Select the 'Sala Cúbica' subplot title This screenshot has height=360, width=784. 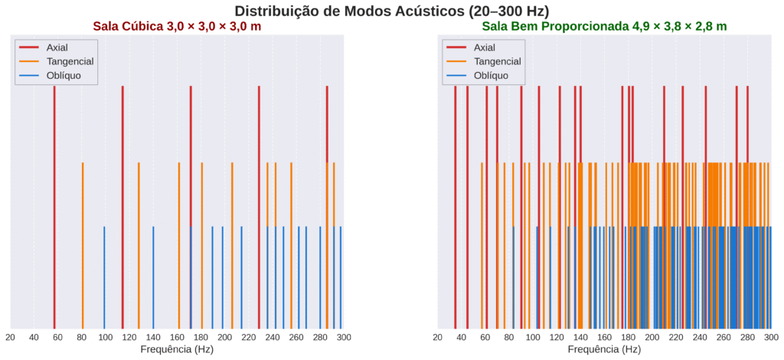pyautogui.click(x=177, y=26)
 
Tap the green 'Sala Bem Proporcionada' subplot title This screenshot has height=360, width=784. pyautogui.click(x=604, y=26)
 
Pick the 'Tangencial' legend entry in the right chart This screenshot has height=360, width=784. pyautogui.click(x=496, y=61)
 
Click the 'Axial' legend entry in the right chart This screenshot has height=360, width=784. pyautogui.click(x=485, y=47)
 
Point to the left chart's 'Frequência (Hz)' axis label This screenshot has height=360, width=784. pyautogui.click(x=177, y=349)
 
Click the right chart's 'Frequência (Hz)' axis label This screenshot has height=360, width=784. pyautogui.click(x=604, y=349)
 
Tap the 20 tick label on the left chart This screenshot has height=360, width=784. pyautogui.click(x=10, y=336)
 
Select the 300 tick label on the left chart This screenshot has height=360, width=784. pyautogui.click(x=344, y=336)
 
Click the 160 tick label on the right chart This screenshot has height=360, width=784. pyautogui.click(x=604, y=336)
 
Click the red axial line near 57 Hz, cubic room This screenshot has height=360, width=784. pyautogui.click(x=54, y=207)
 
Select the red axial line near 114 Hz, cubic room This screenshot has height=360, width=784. pyautogui.click(x=122, y=207)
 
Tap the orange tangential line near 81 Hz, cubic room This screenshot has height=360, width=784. pyautogui.click(x=83, y=245)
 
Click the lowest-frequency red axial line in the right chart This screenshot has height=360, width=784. pyautogui.click(x=455, y=207)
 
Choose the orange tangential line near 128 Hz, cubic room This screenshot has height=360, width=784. pyautogui.click(x=139, y=245)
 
